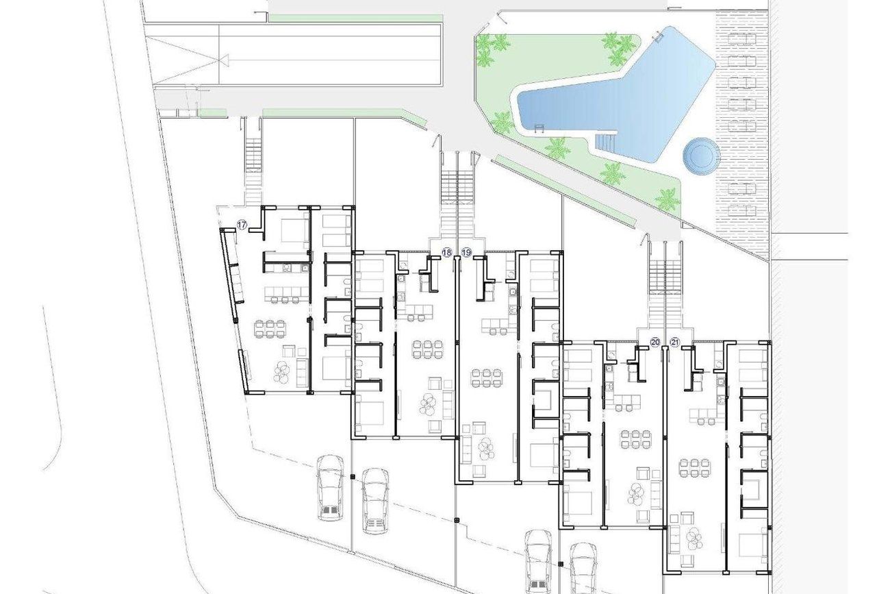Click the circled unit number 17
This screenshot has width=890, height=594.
pyautogui.click(x=242, y=225)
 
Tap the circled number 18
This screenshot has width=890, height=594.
pyautogui.click(x=447, y=252)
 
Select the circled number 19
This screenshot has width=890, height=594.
pyautogui.click(x=466, y=252)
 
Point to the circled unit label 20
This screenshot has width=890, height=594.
pyautogui.click(x=655, y=342)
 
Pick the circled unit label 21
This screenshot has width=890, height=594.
pyautogui.click(x=674, y=342)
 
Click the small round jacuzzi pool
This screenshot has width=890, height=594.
pyautogui.click(x=702, y=156)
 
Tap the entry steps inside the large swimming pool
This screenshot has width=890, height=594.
pyautogui.click(x=605, y=142)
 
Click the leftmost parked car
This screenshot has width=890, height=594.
pyautogui.click(x=331, y=488)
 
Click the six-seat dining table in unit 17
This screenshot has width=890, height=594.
pyautogui.click(x=270, y=328)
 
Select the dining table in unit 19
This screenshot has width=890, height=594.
pyautogui.click(x=486, y=378)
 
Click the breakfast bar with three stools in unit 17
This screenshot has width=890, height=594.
pyautogui.click(x=287, y=295)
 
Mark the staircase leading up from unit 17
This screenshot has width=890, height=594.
pyautogui.click(x=253, y=167)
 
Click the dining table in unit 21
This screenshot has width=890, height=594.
pyautogui.click(x=694, y=467)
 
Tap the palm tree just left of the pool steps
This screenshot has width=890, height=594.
pyautogui.click(x=555, y=147)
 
